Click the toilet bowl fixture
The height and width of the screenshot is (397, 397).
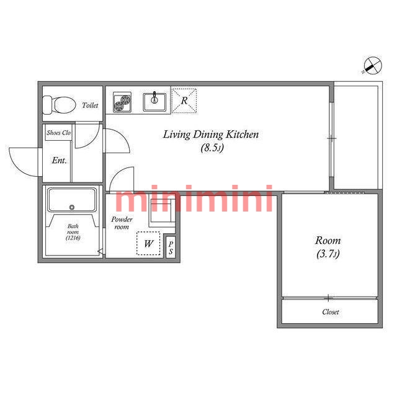60,105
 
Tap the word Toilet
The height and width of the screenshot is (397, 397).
90,105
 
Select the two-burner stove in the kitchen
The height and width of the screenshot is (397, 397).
122,102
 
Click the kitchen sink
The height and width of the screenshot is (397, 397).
154,102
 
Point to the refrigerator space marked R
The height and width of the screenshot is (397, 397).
184,100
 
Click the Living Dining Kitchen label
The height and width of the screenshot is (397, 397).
211,135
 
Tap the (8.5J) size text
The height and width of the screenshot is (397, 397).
212,148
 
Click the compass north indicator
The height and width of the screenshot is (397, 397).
372,66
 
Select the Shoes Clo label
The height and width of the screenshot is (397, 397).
58,133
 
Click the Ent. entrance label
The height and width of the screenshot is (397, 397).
60,160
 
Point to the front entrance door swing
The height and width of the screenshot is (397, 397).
24,162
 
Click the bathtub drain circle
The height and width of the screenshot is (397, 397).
72,207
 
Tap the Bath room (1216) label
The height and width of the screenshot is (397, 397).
73,232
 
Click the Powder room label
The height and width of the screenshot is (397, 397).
122,223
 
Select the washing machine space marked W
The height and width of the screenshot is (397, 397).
148,243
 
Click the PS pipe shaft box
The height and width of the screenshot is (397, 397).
171,248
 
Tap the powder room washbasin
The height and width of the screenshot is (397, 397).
163,210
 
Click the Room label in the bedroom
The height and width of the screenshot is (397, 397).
328,240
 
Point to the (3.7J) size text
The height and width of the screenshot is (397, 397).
328,254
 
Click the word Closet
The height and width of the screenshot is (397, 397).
331,312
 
